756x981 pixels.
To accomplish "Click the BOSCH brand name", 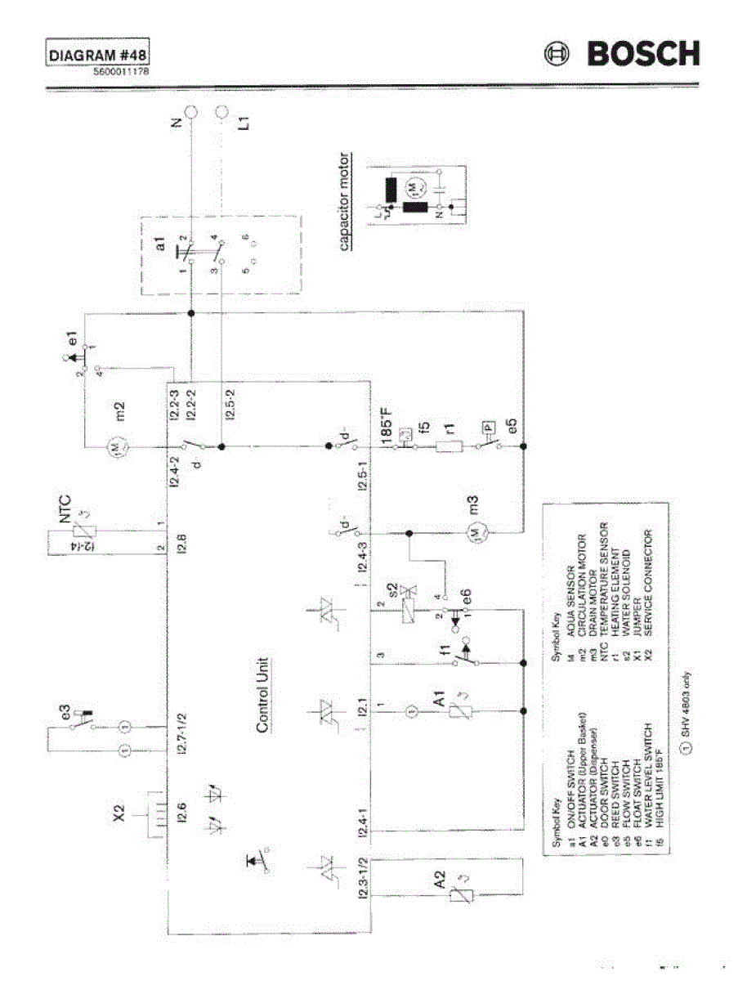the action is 642,54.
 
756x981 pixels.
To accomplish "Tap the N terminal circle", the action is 190,112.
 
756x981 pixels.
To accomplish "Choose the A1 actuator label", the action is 440,699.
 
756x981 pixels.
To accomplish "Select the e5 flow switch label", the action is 512,426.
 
